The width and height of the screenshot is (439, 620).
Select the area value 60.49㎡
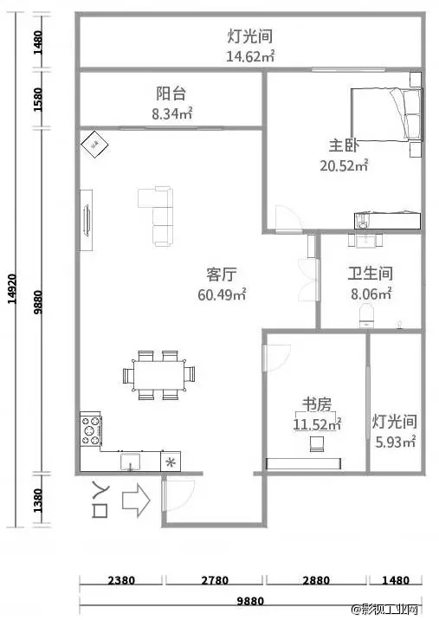(222, 294)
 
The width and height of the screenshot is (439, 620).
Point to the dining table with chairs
(158, 375)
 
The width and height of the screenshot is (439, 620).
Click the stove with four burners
(91, 428)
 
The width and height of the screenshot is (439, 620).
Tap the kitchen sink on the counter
(131, 461)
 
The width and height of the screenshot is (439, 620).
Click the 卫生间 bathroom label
(371, 274)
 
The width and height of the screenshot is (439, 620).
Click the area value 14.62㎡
(250, 57)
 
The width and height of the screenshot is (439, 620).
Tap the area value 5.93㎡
(395, 442)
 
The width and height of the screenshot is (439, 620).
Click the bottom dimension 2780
(216, 581)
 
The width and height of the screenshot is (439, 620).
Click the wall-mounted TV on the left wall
(87, 221)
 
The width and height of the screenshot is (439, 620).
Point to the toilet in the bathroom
(365, 318)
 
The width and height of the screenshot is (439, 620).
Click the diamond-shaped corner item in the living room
(93, 143)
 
